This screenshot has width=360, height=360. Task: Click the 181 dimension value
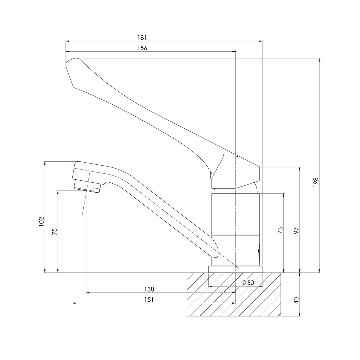[x=142, y=38]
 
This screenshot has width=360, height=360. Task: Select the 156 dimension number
[x=142, y=48]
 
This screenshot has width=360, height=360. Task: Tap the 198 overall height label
[x=315, y=182]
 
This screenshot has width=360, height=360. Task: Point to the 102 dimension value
[x=41, y=221]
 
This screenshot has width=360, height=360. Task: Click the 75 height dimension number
[x=54, y=231]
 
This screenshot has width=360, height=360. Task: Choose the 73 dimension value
[x=280, y=230]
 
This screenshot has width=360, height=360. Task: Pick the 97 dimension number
[x=296, y=230]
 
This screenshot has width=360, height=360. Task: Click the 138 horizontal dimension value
[x=149, y=289]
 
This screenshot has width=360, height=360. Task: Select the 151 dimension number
[x=149, y=300]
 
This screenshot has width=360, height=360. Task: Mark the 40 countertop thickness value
[x=296, y=301]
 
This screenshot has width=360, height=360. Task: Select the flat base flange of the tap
[x=235, y=269]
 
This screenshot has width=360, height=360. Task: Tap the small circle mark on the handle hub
[x=236, y=157]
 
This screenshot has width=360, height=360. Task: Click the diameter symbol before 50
[x=244, y=283]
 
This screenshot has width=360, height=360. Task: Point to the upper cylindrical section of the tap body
[x=235, y=214]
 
